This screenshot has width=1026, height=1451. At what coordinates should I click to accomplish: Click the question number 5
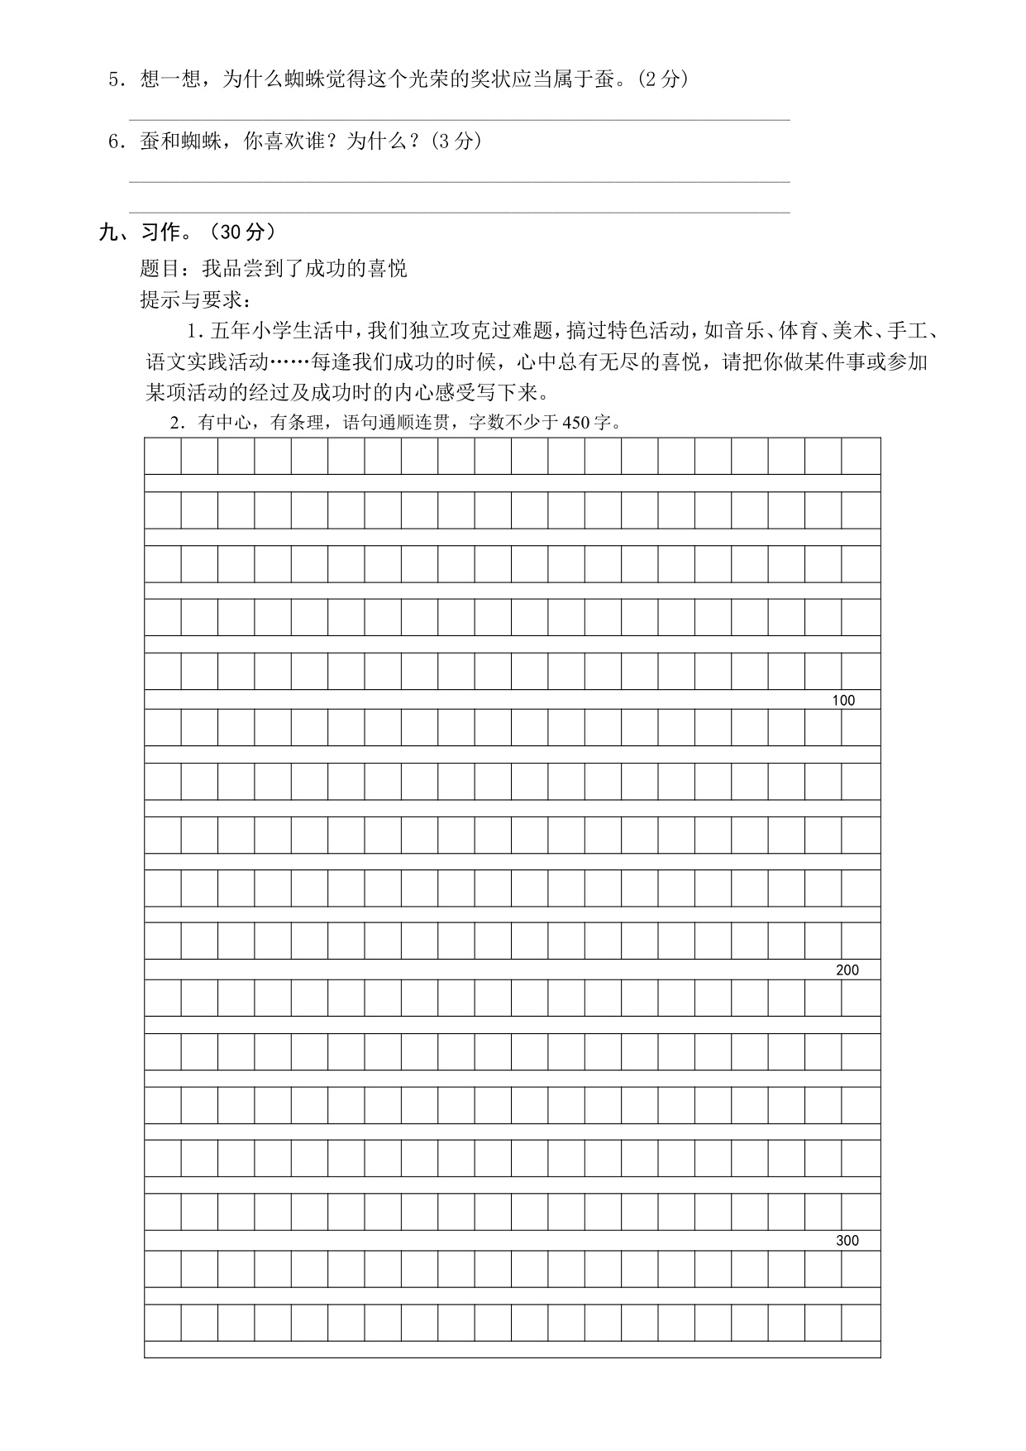click(114, 80)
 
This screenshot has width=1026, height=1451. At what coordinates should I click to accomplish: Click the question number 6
click(114, 141)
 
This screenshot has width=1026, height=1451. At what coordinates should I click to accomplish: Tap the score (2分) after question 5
click(664, 80)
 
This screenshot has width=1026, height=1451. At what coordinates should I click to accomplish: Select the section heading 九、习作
click(139, 232)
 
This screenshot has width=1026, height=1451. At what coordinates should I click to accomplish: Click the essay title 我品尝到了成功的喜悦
click(304, 269)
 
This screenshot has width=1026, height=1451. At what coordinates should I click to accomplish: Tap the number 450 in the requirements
click(575, 423)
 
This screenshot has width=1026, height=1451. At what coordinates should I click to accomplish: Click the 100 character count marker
click(843, 701)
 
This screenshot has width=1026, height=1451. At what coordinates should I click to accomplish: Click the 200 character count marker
click(847, 970)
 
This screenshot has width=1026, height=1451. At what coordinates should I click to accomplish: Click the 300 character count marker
click(847, 1241)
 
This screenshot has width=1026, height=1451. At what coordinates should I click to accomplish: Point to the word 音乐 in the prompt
click(738, 332)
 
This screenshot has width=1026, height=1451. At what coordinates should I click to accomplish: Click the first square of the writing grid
click(163, 456)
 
